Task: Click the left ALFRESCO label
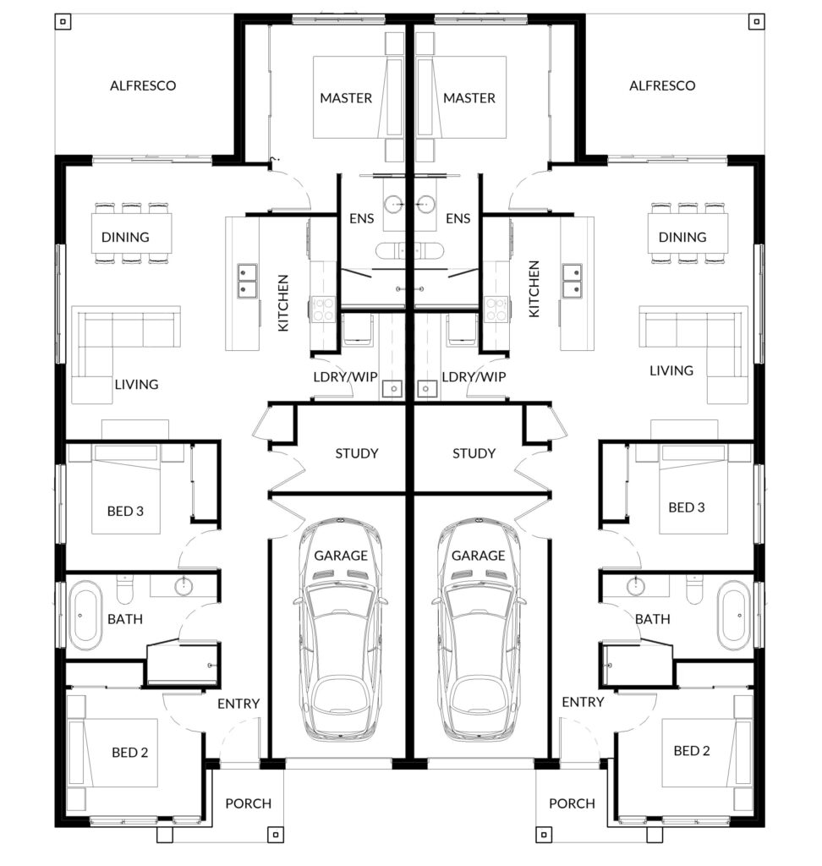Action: tap(143, 85)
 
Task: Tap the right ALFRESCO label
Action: tap(662, 85)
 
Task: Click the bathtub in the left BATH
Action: tap(85, 615)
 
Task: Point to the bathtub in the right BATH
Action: tap(734, 615)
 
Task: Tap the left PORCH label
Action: tap(249, 803)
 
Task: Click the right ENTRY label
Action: tap(583, 702)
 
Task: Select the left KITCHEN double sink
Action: tap(247, 281)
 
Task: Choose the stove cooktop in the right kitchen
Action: tap(496, 309)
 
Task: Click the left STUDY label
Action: tap(357, 453)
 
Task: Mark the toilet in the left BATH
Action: tap(125, 589)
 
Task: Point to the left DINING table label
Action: tap(125, 237)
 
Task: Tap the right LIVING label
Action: tap(671, 370)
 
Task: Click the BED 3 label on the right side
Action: tap(687, 507)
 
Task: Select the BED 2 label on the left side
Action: tap(130, 753)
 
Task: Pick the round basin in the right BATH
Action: tap(635, 586)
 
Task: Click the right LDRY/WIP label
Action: tap(474, 376)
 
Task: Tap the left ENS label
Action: tap(362, 219)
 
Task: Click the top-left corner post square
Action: tap(63, 22)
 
